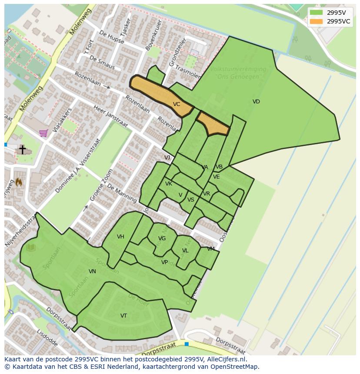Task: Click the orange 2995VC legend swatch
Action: pos(317,21)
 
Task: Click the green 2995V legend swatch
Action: pos(317,13)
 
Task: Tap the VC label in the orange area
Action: pos(177,104)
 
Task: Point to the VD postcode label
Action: pos(256,102)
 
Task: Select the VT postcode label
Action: pos(124,316)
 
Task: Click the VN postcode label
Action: pos(92,271)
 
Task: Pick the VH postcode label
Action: pos(120,237)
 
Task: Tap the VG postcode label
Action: pos(162,238)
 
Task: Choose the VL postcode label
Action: pos(185,251)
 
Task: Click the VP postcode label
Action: pos(164,262)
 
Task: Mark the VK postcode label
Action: pos(169,184)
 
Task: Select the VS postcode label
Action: pos(191,200)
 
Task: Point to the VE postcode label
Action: pos(216,177)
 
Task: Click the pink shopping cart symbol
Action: pos(43,133)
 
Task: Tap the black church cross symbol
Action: pos(22,149)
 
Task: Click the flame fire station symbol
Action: pos(19,182)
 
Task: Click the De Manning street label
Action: pos(122,194)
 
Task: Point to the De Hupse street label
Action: pos(112,38)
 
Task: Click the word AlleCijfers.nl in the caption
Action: pos(227,359)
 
